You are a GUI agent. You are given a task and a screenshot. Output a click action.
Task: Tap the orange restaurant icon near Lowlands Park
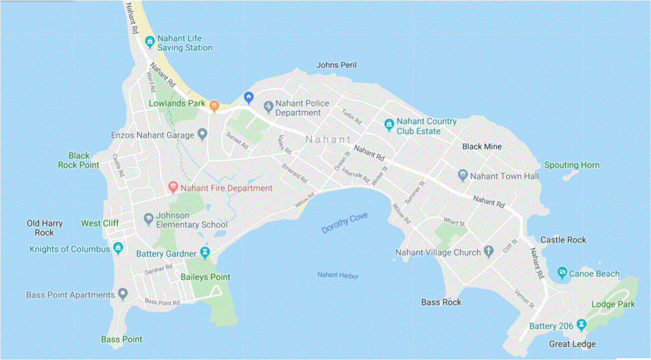pos(214,106)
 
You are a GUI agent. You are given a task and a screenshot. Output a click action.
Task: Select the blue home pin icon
pos(248,97)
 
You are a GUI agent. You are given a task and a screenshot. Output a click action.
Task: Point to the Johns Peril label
pos(336,65)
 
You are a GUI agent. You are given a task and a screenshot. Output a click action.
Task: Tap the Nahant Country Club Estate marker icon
pos(389,125)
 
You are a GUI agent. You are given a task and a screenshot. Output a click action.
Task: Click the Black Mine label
pos(481,146)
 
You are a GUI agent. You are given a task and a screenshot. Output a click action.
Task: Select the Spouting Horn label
pos(571,165)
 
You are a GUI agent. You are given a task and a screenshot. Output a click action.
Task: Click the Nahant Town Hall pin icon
pos(463,176)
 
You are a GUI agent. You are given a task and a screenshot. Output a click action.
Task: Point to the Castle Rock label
pos(563,240)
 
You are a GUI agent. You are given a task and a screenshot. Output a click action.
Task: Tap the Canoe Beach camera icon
pos(562,273)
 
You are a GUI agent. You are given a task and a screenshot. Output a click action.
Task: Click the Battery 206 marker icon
pos(581,325)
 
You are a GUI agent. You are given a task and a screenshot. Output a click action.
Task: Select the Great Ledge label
pos(572,344)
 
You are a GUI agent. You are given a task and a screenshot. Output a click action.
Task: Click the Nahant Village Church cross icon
pos(488,252)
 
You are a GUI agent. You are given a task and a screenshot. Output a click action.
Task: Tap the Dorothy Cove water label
pos(344,224)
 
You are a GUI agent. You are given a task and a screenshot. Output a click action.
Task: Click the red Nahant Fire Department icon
pos(173,188)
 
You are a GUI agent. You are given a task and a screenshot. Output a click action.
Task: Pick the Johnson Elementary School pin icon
pos(148,219)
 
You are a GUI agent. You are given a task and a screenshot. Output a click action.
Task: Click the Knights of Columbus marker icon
pos(118,248)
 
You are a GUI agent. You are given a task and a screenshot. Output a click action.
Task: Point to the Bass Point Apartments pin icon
pos(123,294)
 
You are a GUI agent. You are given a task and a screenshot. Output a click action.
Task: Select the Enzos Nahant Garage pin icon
pos(202,135)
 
